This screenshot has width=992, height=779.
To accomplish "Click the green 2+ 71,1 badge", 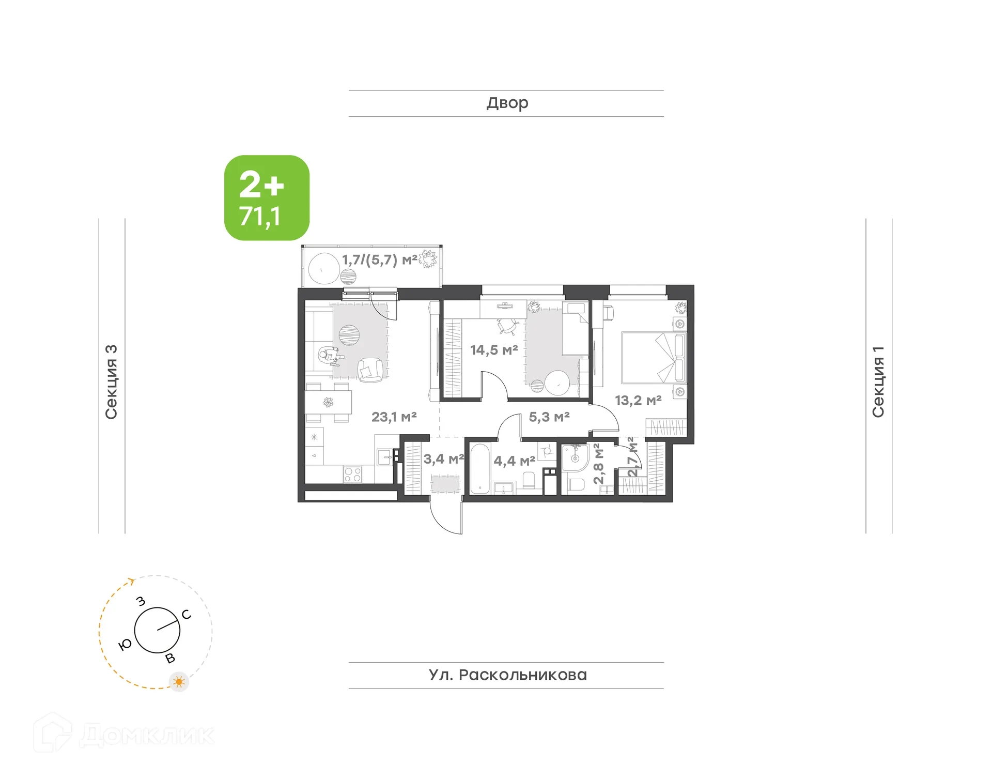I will (x=267, y=198).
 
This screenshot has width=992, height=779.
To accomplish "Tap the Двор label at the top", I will (x=507, y=103).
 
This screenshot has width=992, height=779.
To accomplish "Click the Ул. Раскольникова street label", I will (x=507, y=675).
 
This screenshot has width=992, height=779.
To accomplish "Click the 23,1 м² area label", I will (x=394, y=417).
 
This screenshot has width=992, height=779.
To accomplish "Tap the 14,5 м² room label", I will (x=493, y=350).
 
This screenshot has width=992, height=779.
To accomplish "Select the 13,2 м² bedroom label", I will (x=638, y=400).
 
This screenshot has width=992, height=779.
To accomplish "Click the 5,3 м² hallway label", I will (x=549, y=417).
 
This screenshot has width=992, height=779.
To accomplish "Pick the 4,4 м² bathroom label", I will (x=514, y=461).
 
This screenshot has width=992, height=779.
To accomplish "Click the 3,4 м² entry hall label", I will (x=443, y=459).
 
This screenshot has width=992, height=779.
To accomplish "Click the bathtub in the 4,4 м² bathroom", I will (x=479, y=468).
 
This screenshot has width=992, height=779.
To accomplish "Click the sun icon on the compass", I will (x=179, y=682).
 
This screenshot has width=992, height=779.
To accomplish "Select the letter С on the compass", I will (x=187, y=614).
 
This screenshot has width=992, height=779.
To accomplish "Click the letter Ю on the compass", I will (x=125, y=645).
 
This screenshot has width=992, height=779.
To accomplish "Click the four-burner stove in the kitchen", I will (x=352, y=474).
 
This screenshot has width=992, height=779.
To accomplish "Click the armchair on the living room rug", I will (x=370, y=370).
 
